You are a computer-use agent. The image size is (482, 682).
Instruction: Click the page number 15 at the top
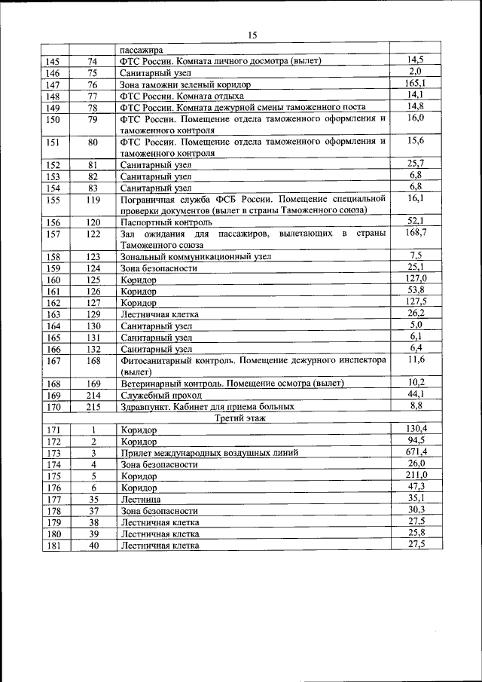point(252,35)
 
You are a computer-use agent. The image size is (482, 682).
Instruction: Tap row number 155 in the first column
point(53,200)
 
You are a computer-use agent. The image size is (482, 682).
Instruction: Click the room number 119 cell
point(93,200)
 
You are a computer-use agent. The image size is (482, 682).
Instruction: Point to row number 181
point(53,546)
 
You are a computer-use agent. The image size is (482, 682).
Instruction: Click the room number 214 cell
point(93,395)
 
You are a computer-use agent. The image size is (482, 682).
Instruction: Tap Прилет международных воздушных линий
point(209,453)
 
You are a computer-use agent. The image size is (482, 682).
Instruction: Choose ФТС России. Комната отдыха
point(182,96)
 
